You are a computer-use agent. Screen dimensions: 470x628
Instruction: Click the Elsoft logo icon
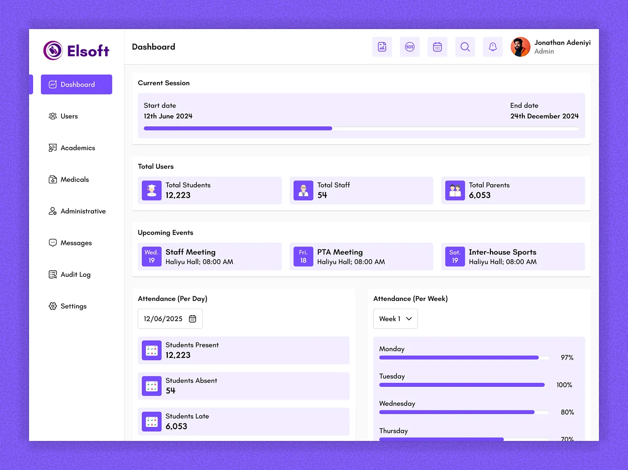click(x=53, y=50)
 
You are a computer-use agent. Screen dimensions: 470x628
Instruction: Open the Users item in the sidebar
click(x=69, y=116)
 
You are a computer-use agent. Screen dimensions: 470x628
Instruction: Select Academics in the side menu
click(x=78, y=148)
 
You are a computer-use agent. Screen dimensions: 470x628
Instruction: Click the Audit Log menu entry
click(x=75, y=275)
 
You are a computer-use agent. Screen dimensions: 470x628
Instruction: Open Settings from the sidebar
click(x=73, y=306)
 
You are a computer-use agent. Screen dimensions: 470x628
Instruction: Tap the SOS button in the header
click(x=409, y=47)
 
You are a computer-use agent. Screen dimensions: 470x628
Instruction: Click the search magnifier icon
click(x=465, y=47)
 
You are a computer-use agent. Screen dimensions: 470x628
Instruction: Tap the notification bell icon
click(x=492, y=47)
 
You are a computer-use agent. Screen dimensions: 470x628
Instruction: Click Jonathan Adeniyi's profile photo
click(x=520, y=47)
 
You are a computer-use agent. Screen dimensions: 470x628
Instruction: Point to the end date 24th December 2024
click(x=544, y=116)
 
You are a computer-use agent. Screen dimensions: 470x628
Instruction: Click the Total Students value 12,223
click(x=178, y=195)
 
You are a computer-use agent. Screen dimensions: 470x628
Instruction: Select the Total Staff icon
click(x=303, y=190)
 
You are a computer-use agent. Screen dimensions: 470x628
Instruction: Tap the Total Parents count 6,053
click(x=479, y=195)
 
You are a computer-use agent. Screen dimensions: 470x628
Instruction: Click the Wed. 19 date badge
click(x=152, y=256)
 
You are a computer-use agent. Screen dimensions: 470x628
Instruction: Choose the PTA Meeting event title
click(x=340, y=252)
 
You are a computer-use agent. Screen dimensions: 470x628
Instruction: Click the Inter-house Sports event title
click(x=502, y=252)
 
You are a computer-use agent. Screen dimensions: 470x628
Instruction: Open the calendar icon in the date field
click(x=192, y=319)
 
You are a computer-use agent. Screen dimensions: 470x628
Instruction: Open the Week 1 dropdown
click(x=395, y=319)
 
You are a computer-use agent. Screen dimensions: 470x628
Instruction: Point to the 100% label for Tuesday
click(x=564, y=385)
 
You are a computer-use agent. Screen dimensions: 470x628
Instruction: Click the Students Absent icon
click(x=152, y=386)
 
